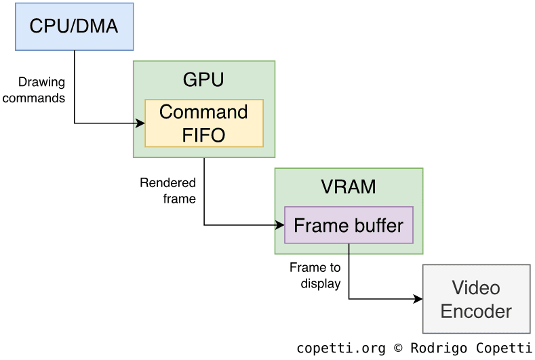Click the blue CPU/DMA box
tap(74, 26)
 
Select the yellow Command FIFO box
tap(203, 123)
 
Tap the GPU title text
tap(203, 80)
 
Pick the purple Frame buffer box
tap(349, 225)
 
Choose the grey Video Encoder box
tap(476, 299)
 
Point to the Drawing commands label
tap(43, 90)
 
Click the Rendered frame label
tap(168, 191)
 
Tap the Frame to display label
tap(315, 275)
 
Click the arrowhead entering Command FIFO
tap(141, 123)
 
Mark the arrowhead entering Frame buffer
tap(279, 225)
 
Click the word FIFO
tap(203, 134)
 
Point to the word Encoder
tap(476, 311)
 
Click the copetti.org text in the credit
tap(341, 348)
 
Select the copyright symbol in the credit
tap(398, 348)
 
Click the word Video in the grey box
tap(476, 287)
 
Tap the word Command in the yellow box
tap(203, 112)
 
